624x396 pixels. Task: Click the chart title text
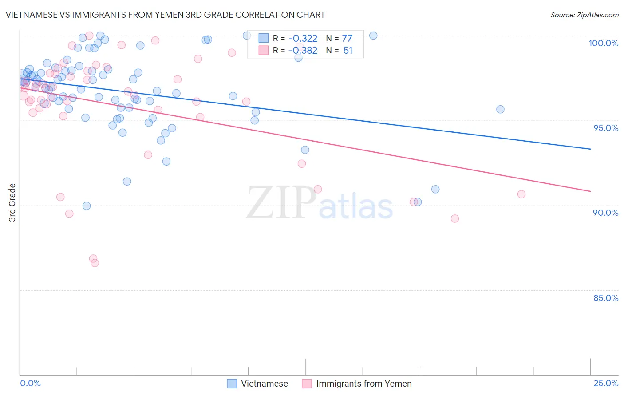click(165, 15)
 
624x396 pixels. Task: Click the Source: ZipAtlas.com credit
click(584, 15)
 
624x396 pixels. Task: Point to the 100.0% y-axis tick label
click(603, 43)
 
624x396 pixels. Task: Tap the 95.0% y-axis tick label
click(605, 128)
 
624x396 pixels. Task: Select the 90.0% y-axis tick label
click(605, 213)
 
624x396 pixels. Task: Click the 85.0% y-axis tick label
click(605, 298)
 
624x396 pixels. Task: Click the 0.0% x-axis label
click(30, 383)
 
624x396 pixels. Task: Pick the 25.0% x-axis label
click(605, 383)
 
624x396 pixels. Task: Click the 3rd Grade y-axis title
click(12, 202)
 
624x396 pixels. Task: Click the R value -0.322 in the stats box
click(303, 38)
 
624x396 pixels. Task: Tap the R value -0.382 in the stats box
click(303, 51)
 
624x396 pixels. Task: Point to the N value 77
click(347, 38)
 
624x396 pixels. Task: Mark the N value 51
click(348, 51)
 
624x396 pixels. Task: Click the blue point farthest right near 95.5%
click(500, 109)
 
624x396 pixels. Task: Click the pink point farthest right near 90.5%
click(521, 194)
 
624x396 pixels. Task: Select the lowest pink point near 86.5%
click(95, 263)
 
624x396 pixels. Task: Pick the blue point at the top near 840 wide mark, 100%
click(373, 36)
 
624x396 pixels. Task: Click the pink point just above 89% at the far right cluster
click(454, 218)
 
